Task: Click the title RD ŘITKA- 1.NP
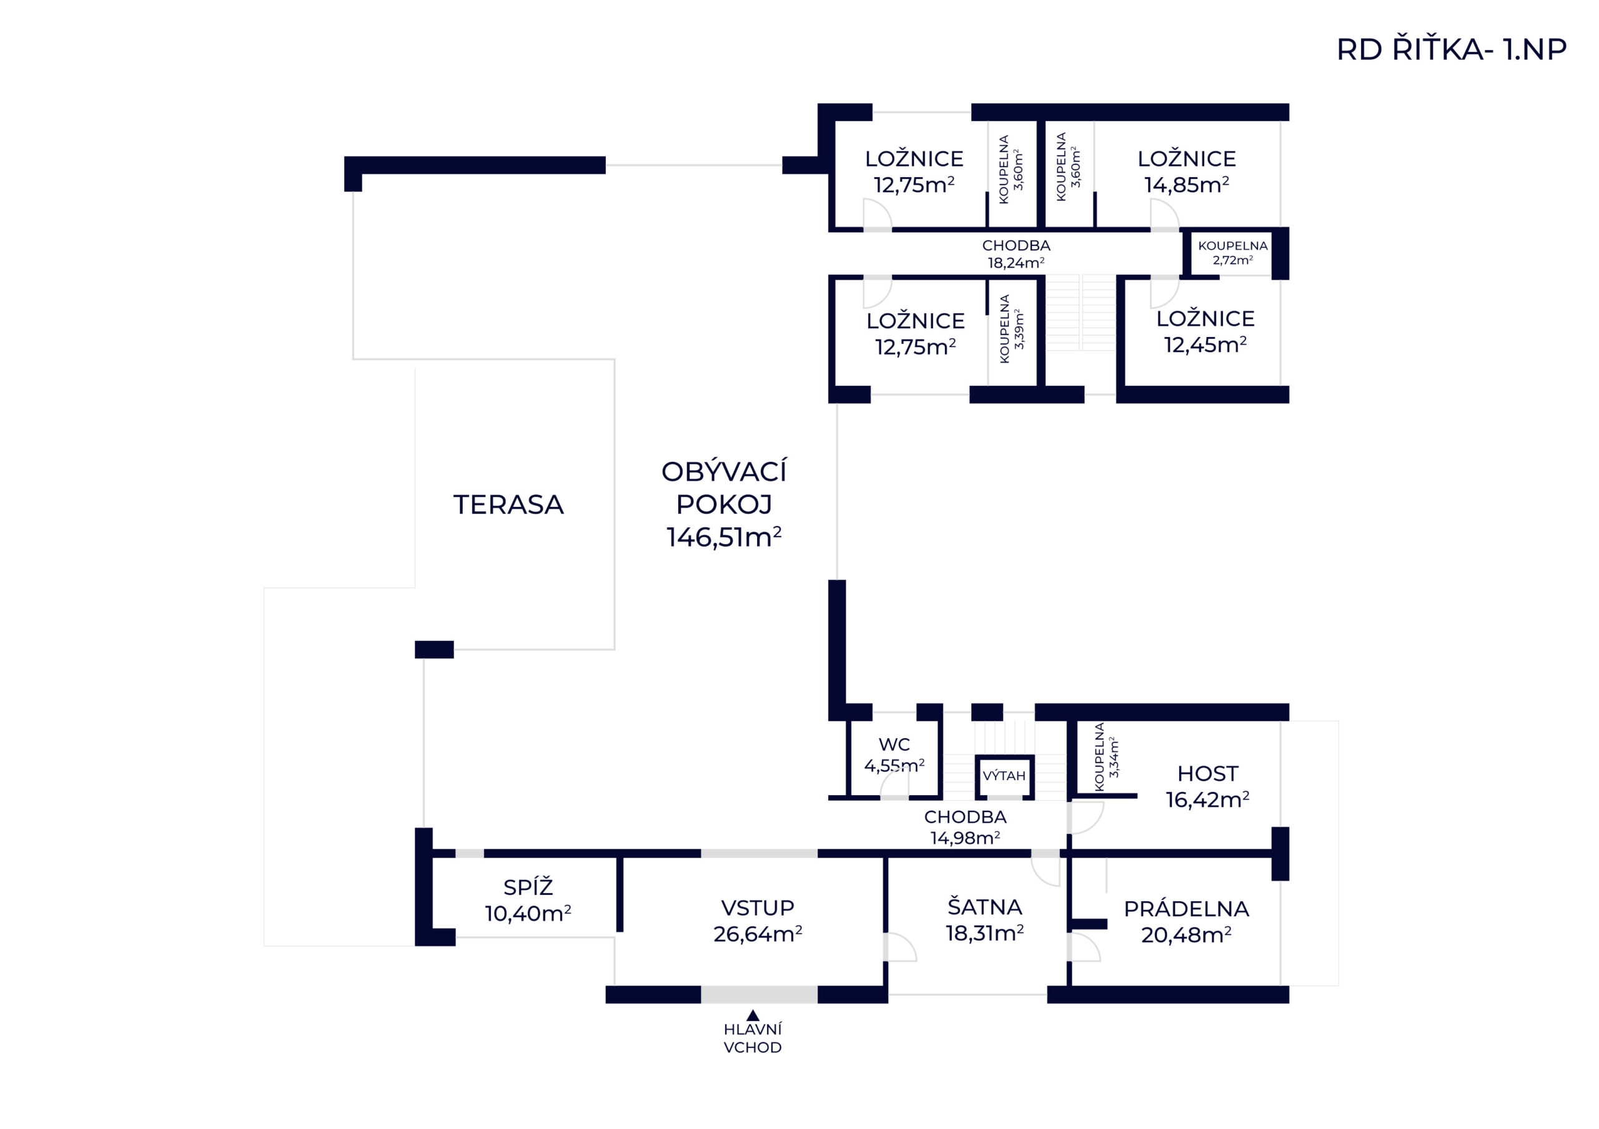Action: pyautogui.click(x=1451, y=49)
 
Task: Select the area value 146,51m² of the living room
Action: pyautogui.click(x=723, y=537)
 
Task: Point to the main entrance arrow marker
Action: pyautogui.click(x=752, y=1015)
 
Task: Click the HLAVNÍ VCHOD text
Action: pyautogui.click(x=752, y=1038)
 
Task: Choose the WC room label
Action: pyautogui.click(x=894, y=755)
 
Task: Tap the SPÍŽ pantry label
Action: pyautogui.click(x=528, y=900)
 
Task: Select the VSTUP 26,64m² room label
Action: pyautogui.click(x=758, y=920)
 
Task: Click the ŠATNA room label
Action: pyautogui.click(x=985, y=919)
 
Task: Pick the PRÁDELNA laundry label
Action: pyautogui.click(x=1186, y=922)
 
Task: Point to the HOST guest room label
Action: pyautogui.click(x=1207, y=786)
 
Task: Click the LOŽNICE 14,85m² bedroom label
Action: pyautogui.click(x=1187, y=171)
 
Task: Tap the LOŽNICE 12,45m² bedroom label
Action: pyautogui.click(x=1205, y=331)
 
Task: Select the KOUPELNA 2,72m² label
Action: pyautogui.click(x=1233, y=253)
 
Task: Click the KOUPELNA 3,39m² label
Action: pyautogui.click(x=1011, y=328)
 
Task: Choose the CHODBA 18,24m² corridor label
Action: pyautogui.click(x=1016, y=254)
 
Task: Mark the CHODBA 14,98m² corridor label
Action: pyautogui.click(x=965, y=827)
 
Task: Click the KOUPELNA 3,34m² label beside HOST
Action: pyautogui.click(x=1107, y=756)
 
